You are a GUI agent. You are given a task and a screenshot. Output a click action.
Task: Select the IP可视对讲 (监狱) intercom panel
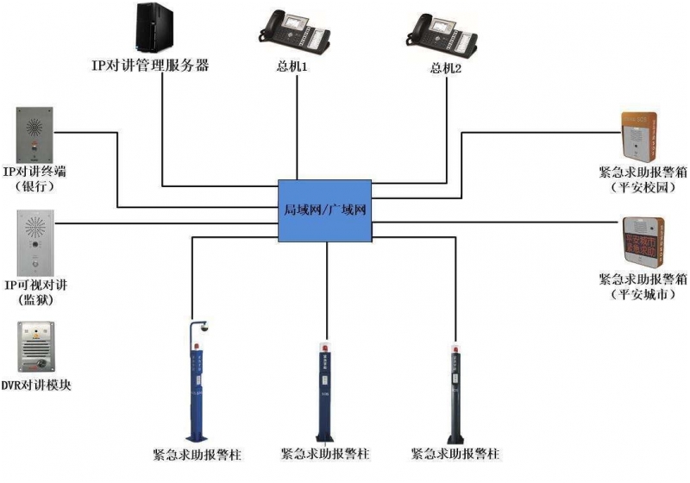pos(34,242)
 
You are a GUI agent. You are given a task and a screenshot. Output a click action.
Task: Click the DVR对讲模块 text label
pos(35,385)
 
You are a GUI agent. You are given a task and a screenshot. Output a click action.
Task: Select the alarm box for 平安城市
pos(642,244)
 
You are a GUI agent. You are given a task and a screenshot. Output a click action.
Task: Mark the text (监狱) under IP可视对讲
pos(35,299)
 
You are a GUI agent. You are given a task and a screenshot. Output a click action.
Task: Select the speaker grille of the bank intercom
pos(34,126)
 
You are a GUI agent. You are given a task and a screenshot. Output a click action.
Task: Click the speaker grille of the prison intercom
pos(34,229)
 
